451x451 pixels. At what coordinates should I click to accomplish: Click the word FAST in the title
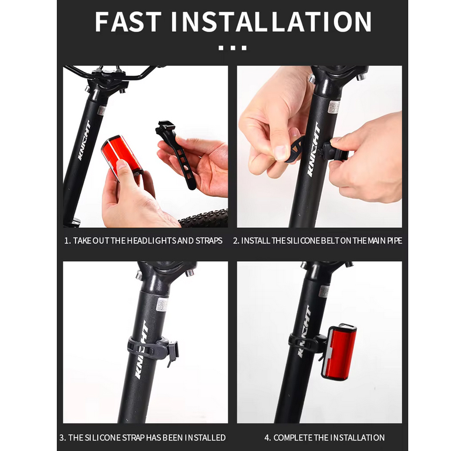[x=128, y=22]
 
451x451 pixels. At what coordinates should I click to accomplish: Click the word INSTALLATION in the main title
[x=271, y=22]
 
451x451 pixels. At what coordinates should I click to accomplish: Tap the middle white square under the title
[x=233, y=48]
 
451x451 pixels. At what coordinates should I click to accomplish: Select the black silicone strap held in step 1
[x=176, y=155]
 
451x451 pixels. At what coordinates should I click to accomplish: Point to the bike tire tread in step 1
[x=204, y=218]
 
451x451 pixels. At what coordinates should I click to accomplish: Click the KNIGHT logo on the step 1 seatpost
[x=84, y=140]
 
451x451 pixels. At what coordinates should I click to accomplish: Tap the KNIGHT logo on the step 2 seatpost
[x=313, y=149]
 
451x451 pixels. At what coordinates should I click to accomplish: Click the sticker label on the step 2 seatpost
[x=334, y=107]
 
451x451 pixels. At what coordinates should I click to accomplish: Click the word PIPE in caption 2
[x=394, y=241]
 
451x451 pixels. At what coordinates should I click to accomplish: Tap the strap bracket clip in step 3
[x=172, y=353]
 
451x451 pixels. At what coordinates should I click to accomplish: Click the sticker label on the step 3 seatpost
[x=162, y=305]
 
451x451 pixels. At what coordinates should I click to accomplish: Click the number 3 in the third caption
[x=62, y=438]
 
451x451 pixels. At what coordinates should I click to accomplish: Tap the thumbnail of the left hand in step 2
[x=281, y=152]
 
